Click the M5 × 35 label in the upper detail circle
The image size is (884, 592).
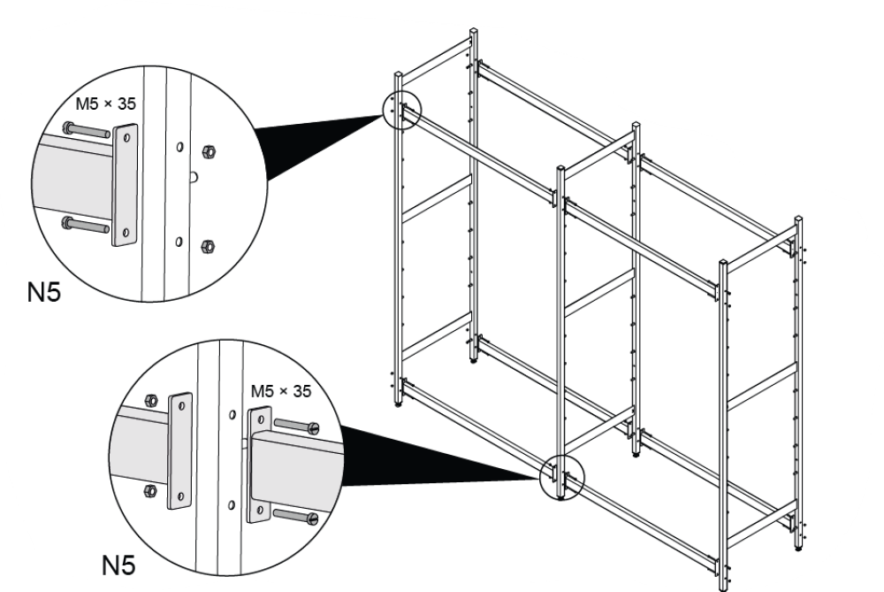(x=105, y=104)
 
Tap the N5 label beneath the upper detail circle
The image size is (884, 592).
(x=44, y=293)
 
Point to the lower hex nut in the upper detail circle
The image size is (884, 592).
(x=210, y=244)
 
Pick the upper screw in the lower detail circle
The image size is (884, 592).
(x=297, y=427)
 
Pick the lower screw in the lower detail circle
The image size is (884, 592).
(x=297, y=515)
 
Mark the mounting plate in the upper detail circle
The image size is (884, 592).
(x=126, y=185)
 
